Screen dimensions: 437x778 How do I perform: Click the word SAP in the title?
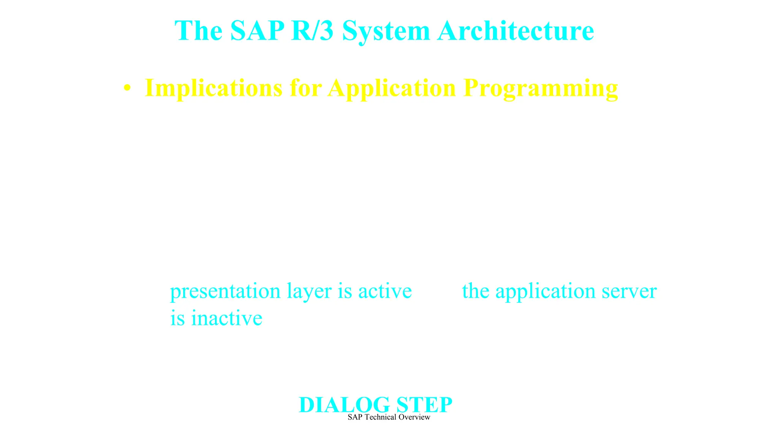pyautogui.click(x=257, y=30)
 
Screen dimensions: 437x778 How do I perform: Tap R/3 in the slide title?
pyautogui.click(x=312, y=30)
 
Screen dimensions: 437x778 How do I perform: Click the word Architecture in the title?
pyautogui.click(x=516, y=30)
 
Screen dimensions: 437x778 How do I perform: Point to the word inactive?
pyautogui.click(x=227, y=318)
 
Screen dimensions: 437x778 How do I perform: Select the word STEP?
pyautogui.click(x=424, y=405)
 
